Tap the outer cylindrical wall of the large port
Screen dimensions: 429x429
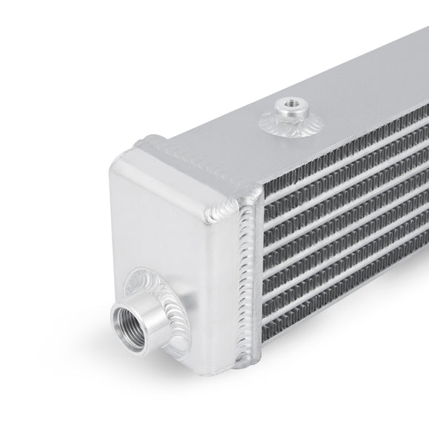tap(148, 311)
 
